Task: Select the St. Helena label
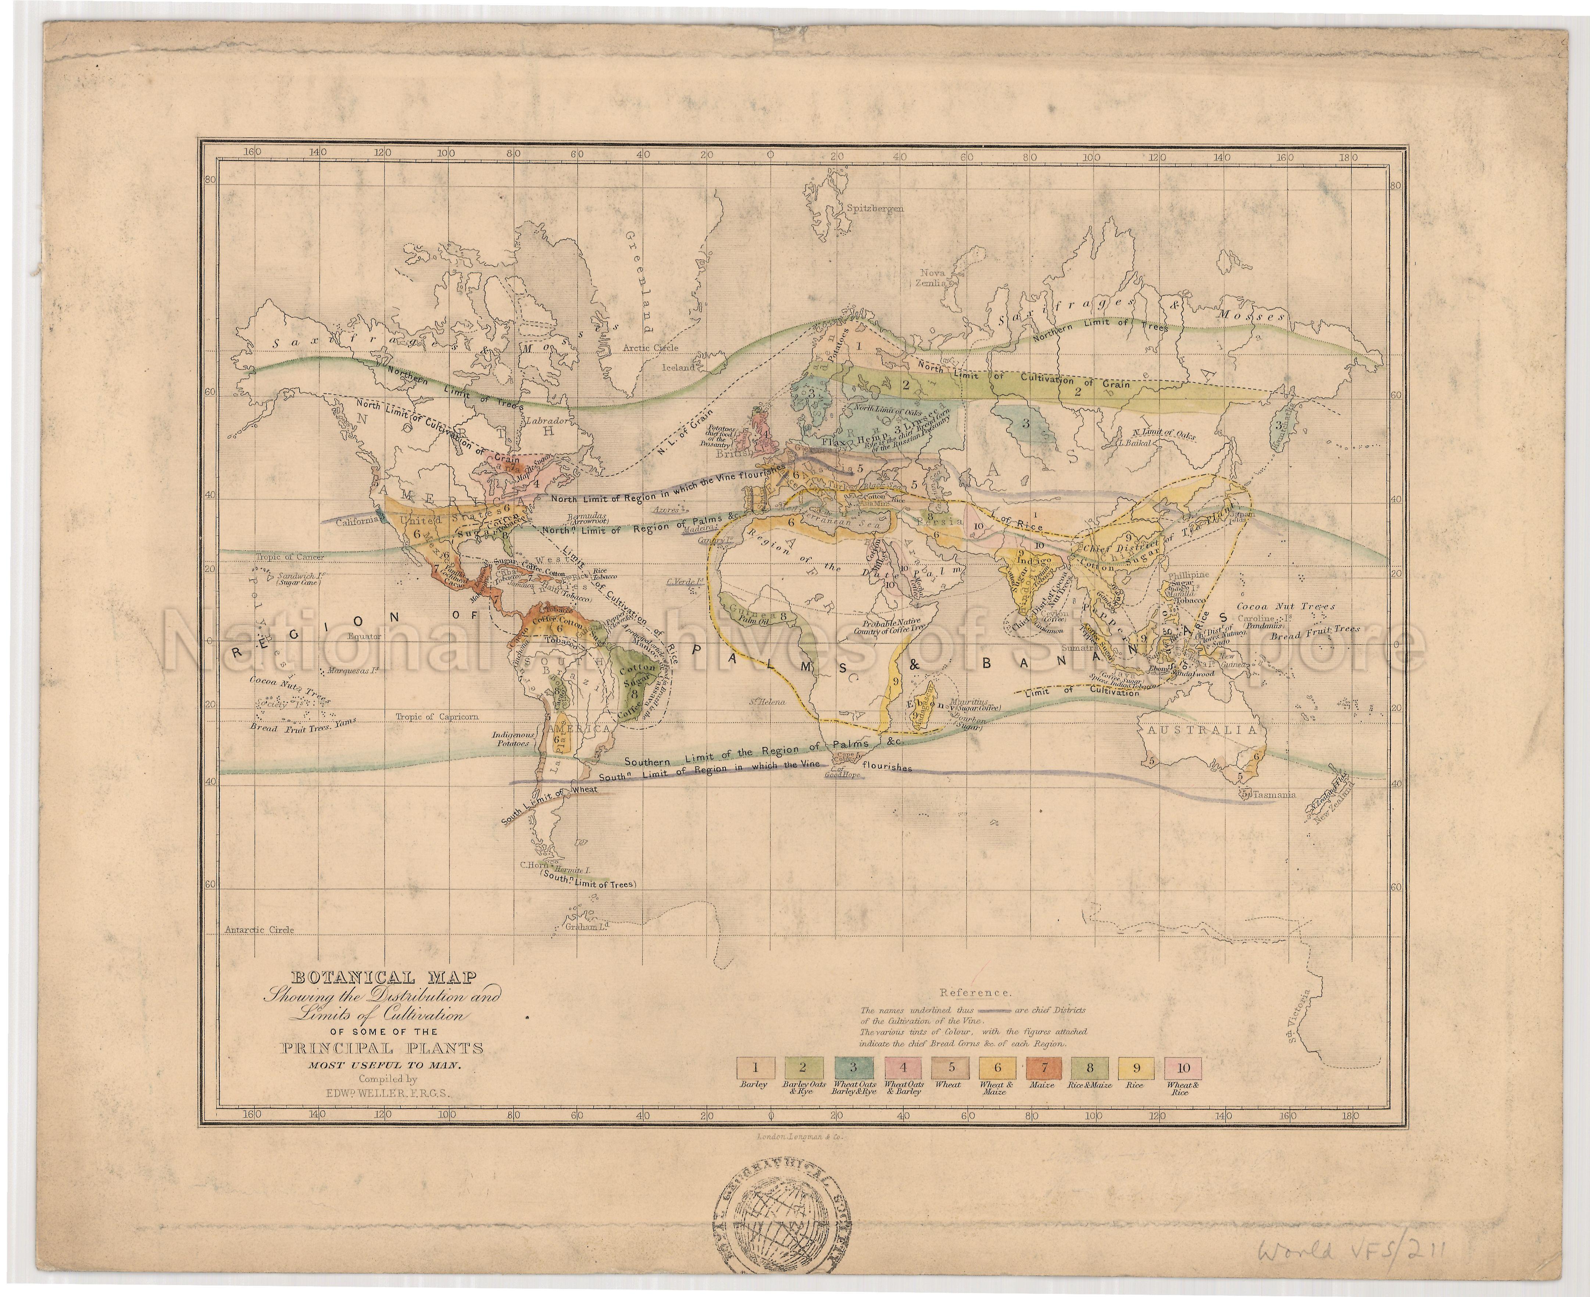click(766, 701)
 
